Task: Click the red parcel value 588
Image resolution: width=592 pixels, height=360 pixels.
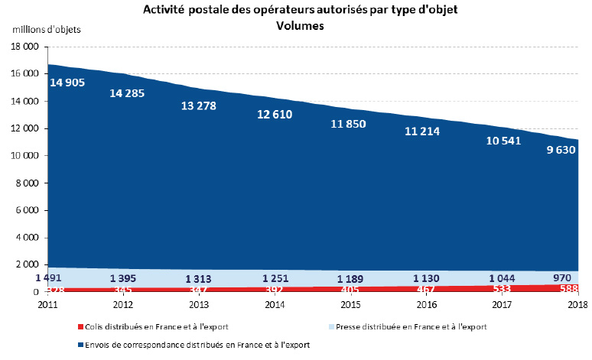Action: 568,290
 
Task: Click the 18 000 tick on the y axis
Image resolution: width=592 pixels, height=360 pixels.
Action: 24,47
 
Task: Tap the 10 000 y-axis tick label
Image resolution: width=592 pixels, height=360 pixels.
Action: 24,156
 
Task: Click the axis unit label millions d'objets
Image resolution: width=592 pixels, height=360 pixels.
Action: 46,29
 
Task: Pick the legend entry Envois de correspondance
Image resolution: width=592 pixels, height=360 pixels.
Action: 199,345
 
